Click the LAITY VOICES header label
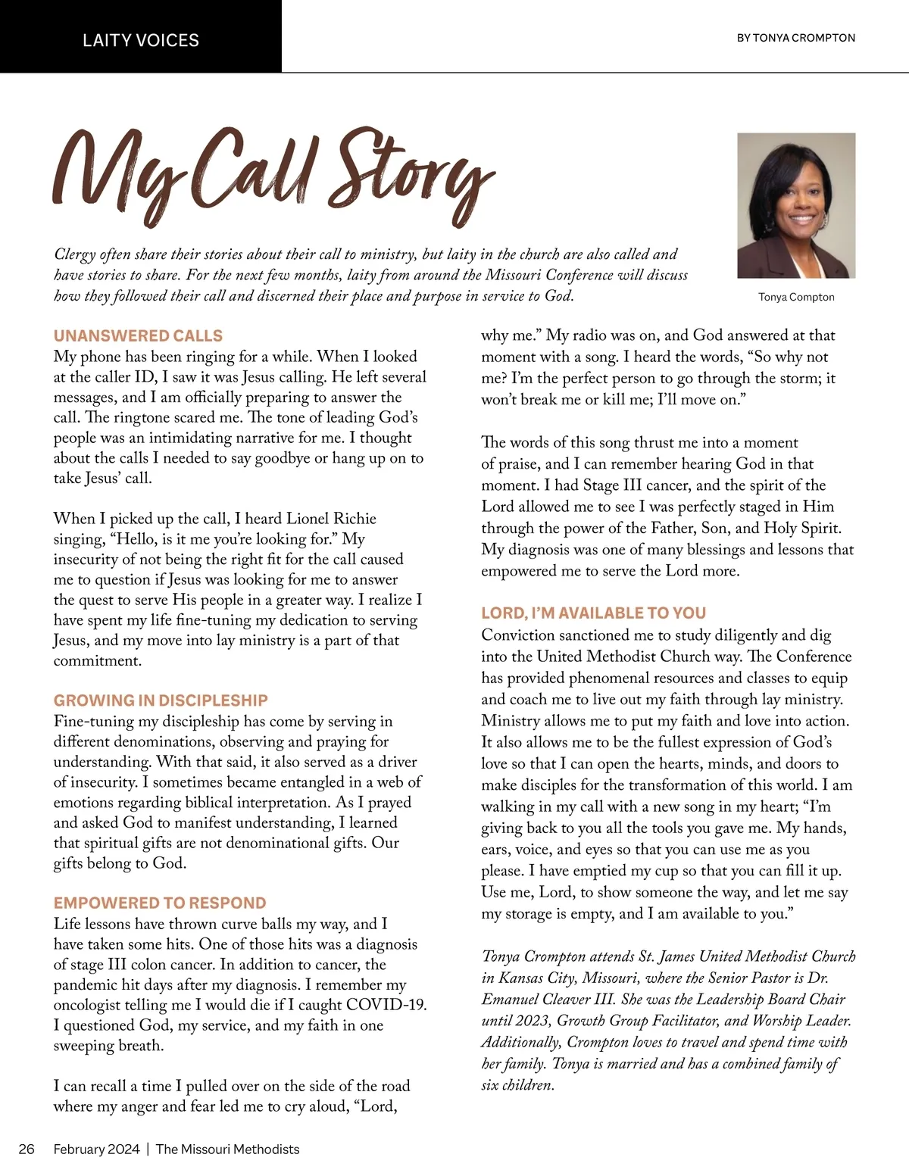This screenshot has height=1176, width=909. (141, 40)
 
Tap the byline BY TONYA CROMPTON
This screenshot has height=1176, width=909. (795, 37)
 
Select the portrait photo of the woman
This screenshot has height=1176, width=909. (796, 205)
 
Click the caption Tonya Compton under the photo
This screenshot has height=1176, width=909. (796, 297)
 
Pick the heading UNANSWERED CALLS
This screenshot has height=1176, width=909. (138, 335)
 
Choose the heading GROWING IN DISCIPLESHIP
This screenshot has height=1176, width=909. (161, 700)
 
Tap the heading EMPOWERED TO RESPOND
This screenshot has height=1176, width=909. (160, 903)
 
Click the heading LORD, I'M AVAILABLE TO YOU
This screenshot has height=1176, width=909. (593, 613)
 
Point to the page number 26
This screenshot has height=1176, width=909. (27, 1149)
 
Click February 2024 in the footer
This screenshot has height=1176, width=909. (96, 1149)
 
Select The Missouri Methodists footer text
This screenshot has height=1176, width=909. (227, 1149)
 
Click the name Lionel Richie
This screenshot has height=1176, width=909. (331, 519)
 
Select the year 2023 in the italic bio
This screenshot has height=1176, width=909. (532, 1020)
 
